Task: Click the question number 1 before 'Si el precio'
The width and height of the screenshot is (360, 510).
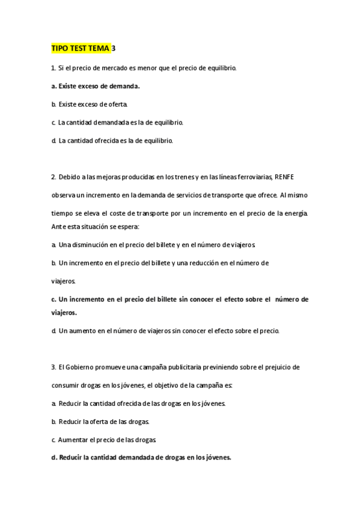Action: (x=53, y=68)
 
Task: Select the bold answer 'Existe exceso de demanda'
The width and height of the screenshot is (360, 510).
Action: (x=96, y=86)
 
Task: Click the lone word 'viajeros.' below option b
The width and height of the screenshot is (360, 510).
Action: (x=64, y=280)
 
